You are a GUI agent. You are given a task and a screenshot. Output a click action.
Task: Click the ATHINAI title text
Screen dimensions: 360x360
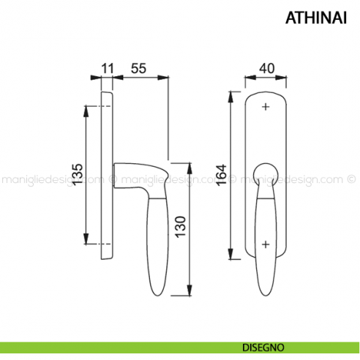pyautogui.click(x=316, y=18)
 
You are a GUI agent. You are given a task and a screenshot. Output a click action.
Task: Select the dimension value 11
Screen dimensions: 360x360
pyautogui.click(x=108, y=68)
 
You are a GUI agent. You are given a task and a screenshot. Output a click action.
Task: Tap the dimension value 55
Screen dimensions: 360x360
pyautogui.click(x=138, y=68)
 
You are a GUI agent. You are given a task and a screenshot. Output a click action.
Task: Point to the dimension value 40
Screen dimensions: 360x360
pyautogui.click(x=266, y=68)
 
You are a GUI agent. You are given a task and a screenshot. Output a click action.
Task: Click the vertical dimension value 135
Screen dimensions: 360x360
pyautogui.click(x=78, y=174)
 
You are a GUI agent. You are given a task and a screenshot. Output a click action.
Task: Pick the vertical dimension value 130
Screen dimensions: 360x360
pyautogui.click(x=181, y=227)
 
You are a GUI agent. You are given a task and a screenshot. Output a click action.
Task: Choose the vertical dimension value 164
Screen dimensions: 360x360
pyautogui.click(x=222, y=175)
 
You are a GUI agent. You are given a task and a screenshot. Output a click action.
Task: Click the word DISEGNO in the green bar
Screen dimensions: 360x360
pyautogui.click(x=263, y=348)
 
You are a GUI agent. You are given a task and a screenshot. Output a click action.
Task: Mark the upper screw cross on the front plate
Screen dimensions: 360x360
pyautogui.click(x=266, y=107)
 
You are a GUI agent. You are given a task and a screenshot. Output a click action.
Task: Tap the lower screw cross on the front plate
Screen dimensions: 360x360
pyautogui.click(x=266, y=244)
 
